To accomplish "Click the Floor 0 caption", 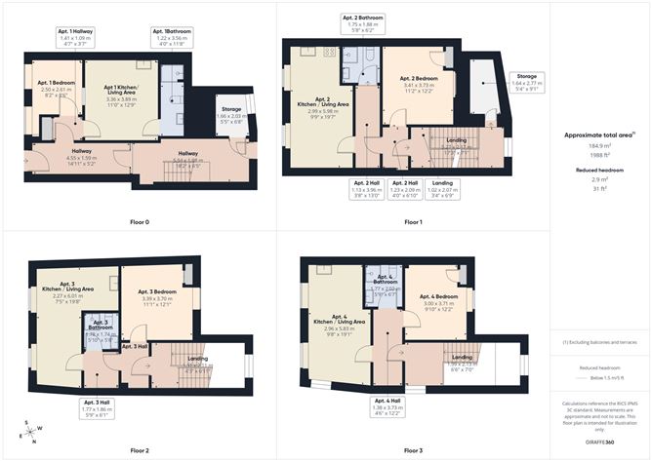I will pos(140,222).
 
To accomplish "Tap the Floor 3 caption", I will pos(415,450).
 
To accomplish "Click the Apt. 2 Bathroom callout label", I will pos(363,24).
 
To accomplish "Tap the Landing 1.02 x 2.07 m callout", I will pos(443,191).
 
